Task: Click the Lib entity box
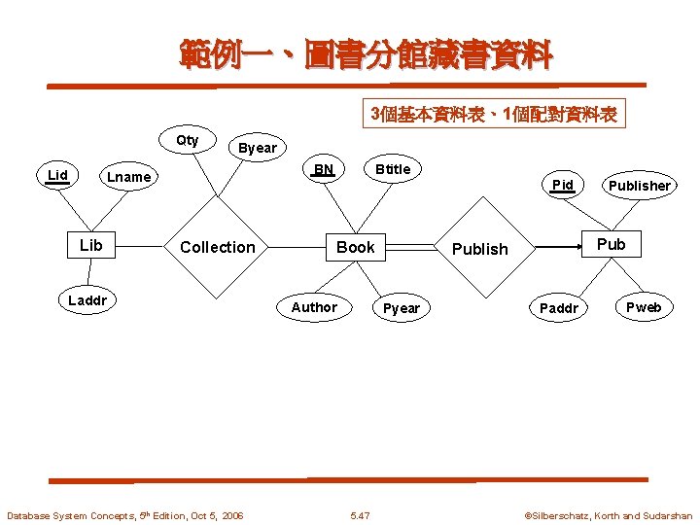point(90,245)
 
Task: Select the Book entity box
point(355,247)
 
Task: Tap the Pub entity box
point(611,244)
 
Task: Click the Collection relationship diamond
point(217,247)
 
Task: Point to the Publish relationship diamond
point(479,248)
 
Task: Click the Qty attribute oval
point(187,141)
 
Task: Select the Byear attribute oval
point(258,148)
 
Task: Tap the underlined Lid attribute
point(58,176)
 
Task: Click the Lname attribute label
point(129,177)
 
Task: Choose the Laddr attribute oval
point(87,300)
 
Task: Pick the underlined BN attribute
point(324,169)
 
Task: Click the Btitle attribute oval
point(393,169)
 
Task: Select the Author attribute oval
point(314,307)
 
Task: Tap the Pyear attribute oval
point(401,308)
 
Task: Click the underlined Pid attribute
point(562,185)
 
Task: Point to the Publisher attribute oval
point(639,186)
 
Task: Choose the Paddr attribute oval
point(559,308)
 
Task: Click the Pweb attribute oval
point(643,307)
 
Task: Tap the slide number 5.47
point(360,516)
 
